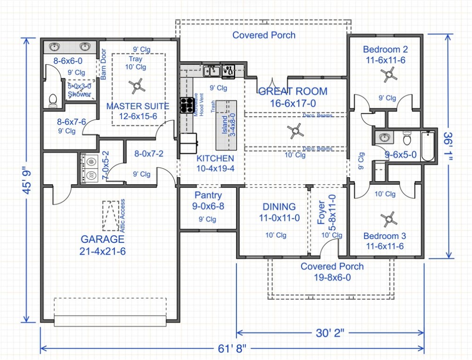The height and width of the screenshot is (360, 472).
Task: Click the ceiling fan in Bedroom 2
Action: point(389,74)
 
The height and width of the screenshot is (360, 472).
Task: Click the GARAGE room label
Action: point(103,240)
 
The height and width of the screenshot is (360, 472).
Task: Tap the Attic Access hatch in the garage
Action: point(111,216)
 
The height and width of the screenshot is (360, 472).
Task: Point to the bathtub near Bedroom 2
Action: point(428,147)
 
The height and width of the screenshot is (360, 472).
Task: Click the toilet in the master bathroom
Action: point(53,100)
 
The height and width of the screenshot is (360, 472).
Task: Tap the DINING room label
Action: point(279,206)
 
